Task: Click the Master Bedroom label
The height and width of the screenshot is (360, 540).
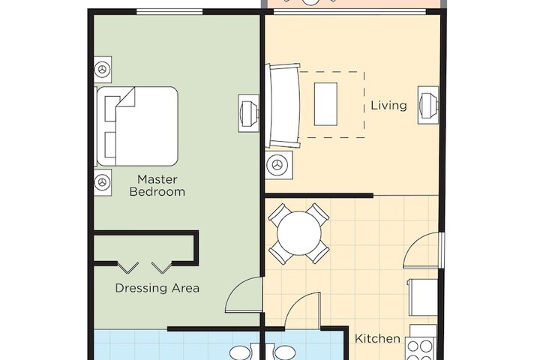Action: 157,185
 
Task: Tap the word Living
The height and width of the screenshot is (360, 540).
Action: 388,106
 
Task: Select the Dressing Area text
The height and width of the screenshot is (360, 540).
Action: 157,288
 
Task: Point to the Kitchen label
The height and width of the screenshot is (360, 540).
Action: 377,339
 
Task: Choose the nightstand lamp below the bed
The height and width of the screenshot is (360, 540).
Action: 102,181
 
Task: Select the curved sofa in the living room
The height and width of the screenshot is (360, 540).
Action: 283,106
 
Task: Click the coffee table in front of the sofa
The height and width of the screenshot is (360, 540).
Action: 326,103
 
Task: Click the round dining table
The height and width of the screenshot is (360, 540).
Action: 299,233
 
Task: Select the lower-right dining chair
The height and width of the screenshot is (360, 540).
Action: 319,253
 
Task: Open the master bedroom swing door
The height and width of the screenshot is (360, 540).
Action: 243,295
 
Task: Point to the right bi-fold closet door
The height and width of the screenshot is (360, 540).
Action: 162,266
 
